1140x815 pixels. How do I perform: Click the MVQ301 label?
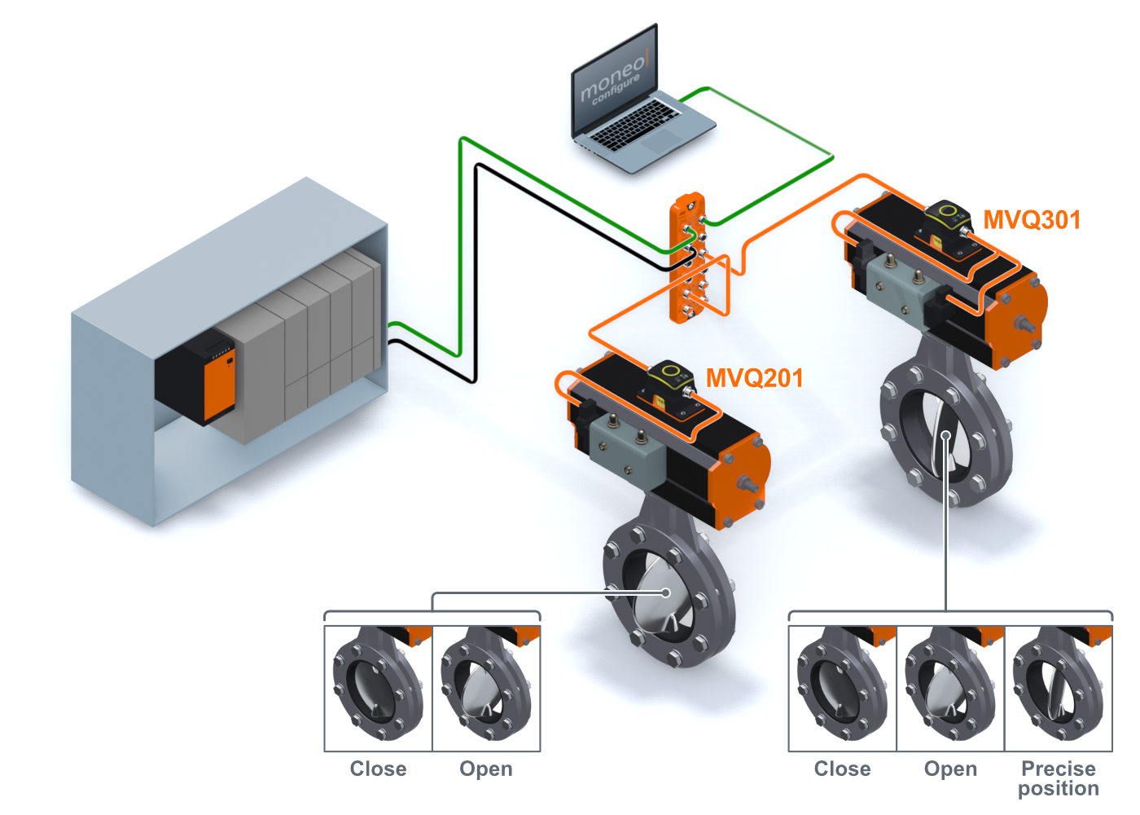tap(1032, 220)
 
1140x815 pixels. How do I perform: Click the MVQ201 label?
tap(754, 378)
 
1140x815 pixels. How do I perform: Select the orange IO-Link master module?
tap(688, 257)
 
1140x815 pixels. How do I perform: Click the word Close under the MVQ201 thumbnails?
tap(378, 769)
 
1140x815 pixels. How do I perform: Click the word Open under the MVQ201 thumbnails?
tap(486, 769)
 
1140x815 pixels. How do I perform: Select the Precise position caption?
tap(1059, 778)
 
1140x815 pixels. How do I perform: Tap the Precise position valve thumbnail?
tap(1059, 688)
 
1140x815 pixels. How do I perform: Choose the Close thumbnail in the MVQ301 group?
tap(843, 688)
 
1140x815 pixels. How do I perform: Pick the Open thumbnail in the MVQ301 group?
tap(950, 688)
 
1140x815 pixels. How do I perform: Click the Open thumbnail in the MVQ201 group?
tap(486, 688)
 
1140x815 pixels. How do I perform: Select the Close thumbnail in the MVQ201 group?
tap(378, 688)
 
